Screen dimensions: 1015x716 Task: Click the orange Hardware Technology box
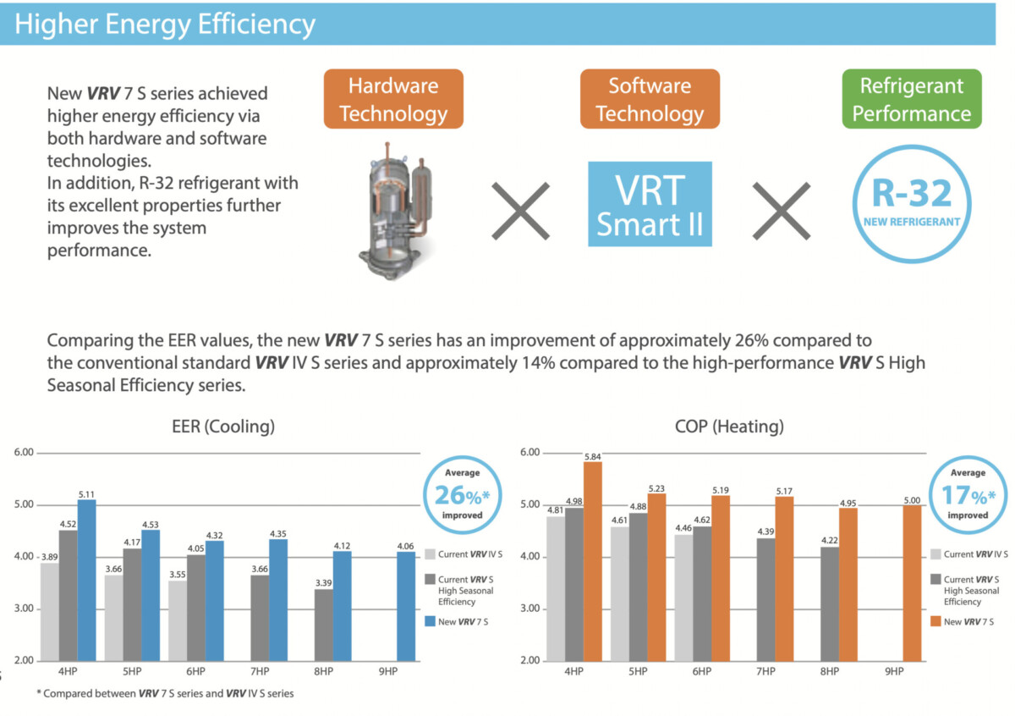[x=393, y=99]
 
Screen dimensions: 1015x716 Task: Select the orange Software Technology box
[x=650, y=99]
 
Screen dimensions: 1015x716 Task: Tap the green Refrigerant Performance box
[x=912, y=99]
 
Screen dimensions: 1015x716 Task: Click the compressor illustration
[x=396, y=211]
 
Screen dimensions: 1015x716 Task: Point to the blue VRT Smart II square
[x=650, y=204]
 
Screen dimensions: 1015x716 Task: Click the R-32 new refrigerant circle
[x=912, y=204]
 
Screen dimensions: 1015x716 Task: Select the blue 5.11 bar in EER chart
[x=86, y=580]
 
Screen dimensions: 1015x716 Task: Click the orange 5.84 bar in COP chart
[x=593, y=561]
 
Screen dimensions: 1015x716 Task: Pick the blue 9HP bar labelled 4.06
[x=406, y=606]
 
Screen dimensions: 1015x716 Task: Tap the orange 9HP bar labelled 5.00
[x=912, y=583]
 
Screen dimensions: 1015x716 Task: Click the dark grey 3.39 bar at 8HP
[x=323, y=625]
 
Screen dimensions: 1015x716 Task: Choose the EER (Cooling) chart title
[x=223, y=427]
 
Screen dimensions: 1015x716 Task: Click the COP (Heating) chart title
[x=729, y=427]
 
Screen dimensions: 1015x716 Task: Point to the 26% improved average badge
[x=462, y=495]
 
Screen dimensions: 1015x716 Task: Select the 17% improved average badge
[x=968, y=495]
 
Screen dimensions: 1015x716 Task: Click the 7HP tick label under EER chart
[x=260, y=671]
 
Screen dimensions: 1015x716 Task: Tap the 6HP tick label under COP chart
[x=701, y=671]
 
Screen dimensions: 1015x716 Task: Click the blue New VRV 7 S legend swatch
[x=430, y=621]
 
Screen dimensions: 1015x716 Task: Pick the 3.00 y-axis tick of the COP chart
[x=529, y=609]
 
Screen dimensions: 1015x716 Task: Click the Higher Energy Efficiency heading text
[x=165, y=24]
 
